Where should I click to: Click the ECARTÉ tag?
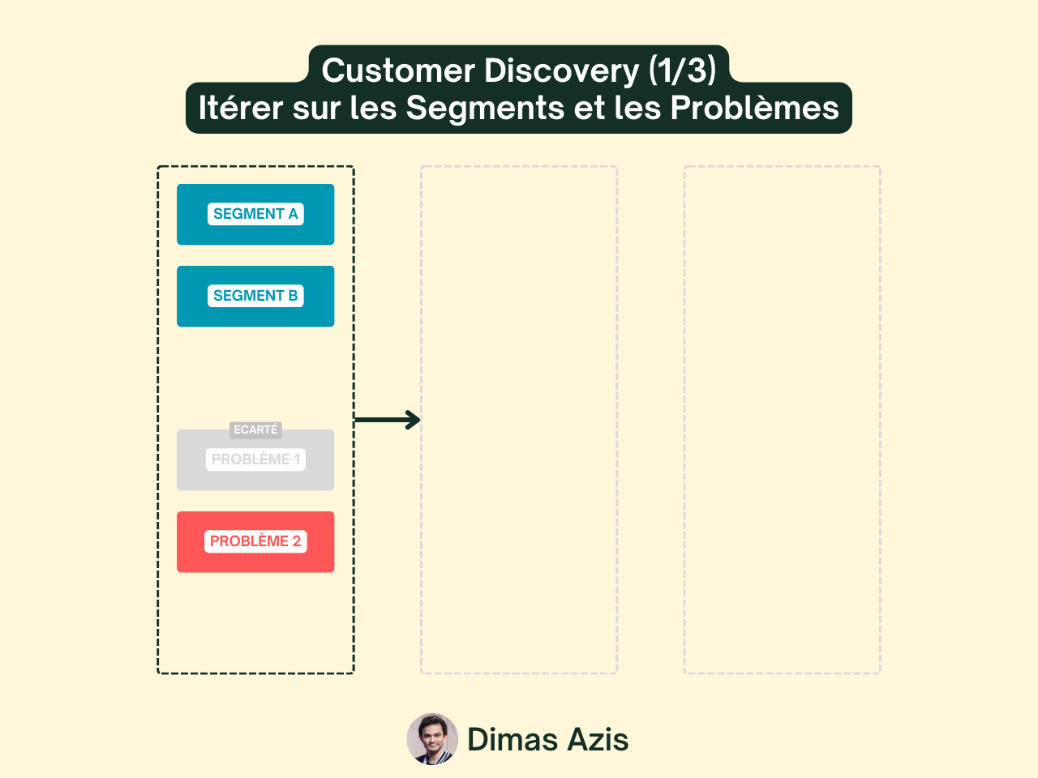click(255, 430)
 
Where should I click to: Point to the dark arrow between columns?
click(386, 420)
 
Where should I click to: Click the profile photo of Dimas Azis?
click(432, 739)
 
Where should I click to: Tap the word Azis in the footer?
click(598, 740)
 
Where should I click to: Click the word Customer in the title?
click(398, 71)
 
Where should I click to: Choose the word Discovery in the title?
click(562, 71)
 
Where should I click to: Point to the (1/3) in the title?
click(683, 71)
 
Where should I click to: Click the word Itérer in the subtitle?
click(241, 108)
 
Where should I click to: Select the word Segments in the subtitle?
click(485, 108)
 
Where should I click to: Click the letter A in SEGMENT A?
click(293, 214)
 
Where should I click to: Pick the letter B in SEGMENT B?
click(293, 296)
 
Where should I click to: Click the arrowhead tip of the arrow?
click(418, 420)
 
